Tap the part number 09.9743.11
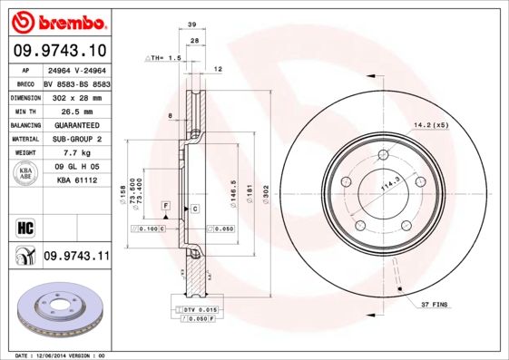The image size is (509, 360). (x=76, y=256)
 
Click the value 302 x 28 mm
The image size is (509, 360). (x=75, y=97)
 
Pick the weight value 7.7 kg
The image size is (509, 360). (x=75, y=153)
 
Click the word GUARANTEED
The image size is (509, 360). (x=75, y=125)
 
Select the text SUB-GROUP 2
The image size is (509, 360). (x=75, y=139)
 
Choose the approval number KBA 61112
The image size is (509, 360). (x=76, y=181)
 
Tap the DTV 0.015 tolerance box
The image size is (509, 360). (x=194, y=310)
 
